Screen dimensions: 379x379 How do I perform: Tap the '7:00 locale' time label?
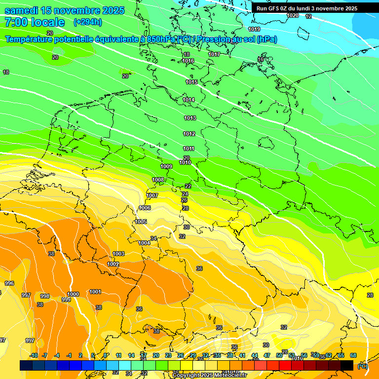tap(34, 22)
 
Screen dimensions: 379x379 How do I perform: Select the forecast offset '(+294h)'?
tap(88, 22)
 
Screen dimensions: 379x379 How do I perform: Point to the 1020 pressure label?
tap(293, 15)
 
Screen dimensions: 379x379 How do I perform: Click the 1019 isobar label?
tap(254, 29)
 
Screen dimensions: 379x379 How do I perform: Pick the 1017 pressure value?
tap(214, 54)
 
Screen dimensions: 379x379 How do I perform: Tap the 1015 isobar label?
tap(191, 82)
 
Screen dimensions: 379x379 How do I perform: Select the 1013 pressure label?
tap(190, 118)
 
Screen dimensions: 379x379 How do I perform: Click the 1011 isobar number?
tap(189, 149)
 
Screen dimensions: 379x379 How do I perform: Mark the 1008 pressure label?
tap(158, 180)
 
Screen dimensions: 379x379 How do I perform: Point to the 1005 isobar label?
tap(141, 222)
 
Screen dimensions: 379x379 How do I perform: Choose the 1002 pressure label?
tap(113, 264)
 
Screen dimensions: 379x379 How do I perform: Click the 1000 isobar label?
tap(73, 294)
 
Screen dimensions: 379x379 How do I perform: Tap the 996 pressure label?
tap(9, 283)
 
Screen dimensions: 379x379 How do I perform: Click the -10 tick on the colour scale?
tap(34, 355)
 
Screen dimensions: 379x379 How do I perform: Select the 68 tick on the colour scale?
tap(353, 355)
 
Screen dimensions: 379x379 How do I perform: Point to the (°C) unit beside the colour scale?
tap(362, 366)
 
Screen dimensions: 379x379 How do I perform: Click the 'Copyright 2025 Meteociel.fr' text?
tap(209, 375)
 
